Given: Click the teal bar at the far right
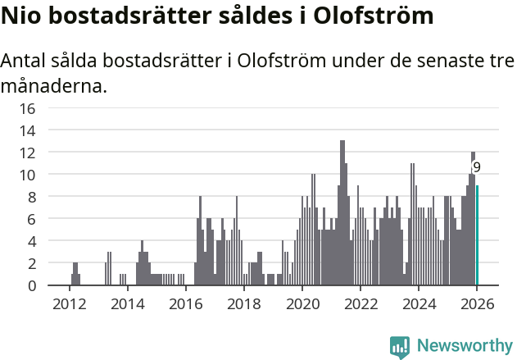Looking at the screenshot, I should [477, 235].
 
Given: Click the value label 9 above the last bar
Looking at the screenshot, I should [476, 167].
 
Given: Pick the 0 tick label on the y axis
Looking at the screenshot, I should [31, 285].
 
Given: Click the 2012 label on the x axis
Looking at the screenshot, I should [69, 304].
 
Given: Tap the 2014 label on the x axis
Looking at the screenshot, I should [127, 304].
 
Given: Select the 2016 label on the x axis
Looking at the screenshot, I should [185, 304].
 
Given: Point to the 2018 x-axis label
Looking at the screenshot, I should [243, 304].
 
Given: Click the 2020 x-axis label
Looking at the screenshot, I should [302, 304].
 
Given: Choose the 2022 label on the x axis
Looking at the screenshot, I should [360, 304].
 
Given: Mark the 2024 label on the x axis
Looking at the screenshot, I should [418, 304].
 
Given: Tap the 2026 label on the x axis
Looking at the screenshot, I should [476, 304].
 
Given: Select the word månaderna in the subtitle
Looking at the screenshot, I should [53, 85].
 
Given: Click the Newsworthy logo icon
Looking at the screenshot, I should [400, 346].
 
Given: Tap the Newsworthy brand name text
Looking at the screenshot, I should [464, 346].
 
